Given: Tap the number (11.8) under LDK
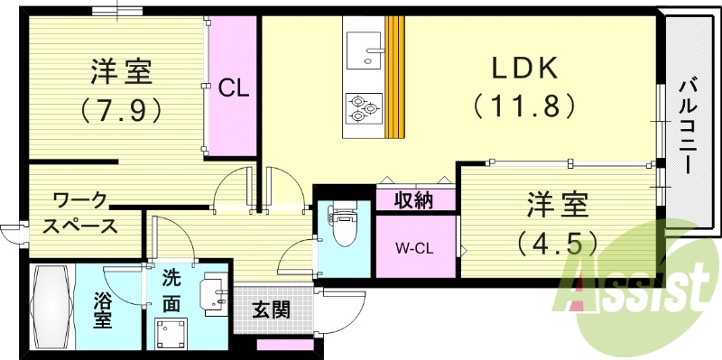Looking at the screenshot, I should tap(524, 106).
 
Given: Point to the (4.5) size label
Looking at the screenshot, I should tap(557, 243).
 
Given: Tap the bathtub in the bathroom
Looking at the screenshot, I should tap(51, 308).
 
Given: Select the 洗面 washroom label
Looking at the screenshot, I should tap(171, 291).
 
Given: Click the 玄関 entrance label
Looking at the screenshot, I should tap(271, 310).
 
